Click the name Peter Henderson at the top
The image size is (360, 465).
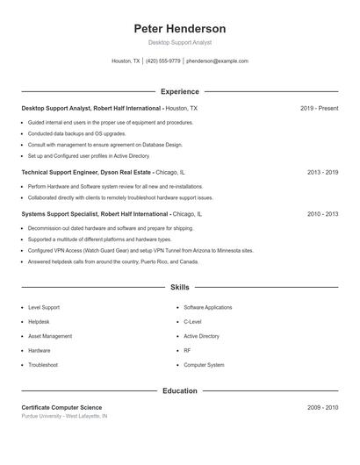(179, 29)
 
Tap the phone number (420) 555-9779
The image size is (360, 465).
(163, 61)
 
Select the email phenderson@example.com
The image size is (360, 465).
(218, 61)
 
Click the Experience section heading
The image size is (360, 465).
(179, 91)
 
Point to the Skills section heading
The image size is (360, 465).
(179, 287)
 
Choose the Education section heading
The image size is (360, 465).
(179, 390)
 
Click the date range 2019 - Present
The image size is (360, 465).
(319, 108)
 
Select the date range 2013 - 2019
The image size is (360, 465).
(322, 173)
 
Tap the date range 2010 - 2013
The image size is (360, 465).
(322, 213)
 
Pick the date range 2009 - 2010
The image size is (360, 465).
(322, 407)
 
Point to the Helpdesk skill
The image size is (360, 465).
(40, 322)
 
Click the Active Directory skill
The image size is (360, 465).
(201, 336)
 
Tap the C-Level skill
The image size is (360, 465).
(192, 322)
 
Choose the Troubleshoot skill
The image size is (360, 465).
(43, 364)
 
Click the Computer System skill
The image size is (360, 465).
(204, 364)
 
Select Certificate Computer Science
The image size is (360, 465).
(61, 407)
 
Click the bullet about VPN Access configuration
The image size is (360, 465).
(140, 250)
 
